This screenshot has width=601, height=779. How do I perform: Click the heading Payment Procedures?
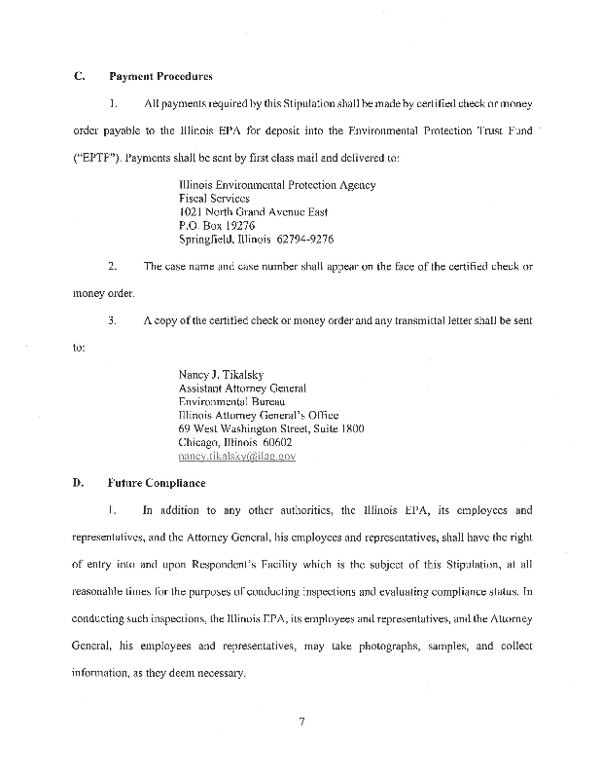[x=160, y=76]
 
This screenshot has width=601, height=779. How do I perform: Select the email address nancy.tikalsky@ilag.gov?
[x=237, y=455]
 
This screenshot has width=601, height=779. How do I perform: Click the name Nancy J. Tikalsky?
[x=224, y=373]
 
